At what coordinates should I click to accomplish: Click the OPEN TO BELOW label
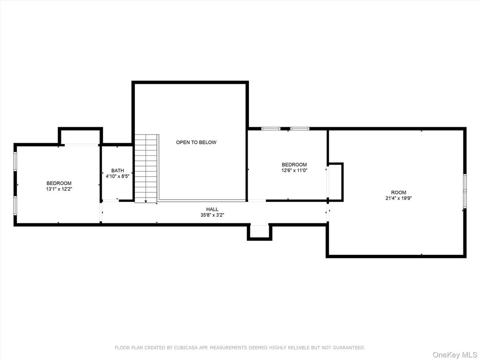pyautogui.click(x=196, y=142)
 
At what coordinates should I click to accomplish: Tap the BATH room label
pyautogui.click(x=118, y=171)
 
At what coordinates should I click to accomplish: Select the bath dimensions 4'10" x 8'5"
pyautogui.click(x=118, y=176)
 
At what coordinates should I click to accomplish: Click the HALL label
pyautogui.click(x=212, y=209)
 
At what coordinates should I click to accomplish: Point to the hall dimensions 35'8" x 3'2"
pyautogui.click(x=212, y=215)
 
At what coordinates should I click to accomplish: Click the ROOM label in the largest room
pyautogui.click(x=398, y=193)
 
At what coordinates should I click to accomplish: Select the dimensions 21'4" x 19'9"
pyautogui.click(x=398, y=198)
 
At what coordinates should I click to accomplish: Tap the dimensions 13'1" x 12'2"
pyautogui.click(x=59, y=189)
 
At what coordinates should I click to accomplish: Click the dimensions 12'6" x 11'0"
pyautogui.click(x=294, y=171)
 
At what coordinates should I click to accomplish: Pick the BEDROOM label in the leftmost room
pyautogui.click(x=59, y=183)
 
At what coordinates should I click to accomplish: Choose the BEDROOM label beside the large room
pyautogui.click(x=294, y=165)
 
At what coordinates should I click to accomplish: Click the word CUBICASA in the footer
pyautogui.click(x=183, y=347)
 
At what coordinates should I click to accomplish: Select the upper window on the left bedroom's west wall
pyautogui.click(x=15, y=161)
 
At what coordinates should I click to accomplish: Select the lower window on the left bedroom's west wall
pyautogui.click(x=15, y=206)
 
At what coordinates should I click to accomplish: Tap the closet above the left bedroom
pyautogui.click(x=80, y=137)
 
